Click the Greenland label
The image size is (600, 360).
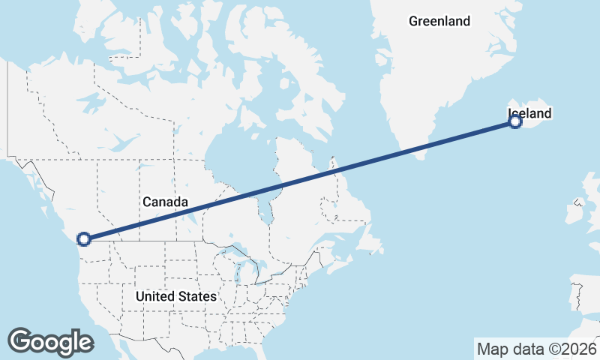[x=439, y=21]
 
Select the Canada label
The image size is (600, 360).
[x=164, y=202]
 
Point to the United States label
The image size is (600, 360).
[x=176, y=296]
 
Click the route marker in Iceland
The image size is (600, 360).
[x=515, y=122]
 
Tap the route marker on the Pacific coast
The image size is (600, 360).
[x=84, y=238]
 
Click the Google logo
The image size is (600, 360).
[x=50, y=341]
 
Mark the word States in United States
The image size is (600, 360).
[x=197, y=296]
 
